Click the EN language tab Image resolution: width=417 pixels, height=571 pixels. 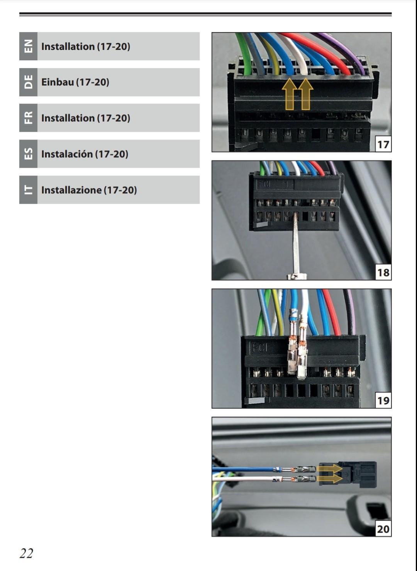[28, 46]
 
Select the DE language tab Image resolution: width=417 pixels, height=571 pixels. [28, 82]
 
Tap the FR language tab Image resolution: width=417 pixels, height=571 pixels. [28, 118]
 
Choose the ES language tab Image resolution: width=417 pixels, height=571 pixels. [28, 154]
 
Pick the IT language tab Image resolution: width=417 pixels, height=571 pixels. [28, 190]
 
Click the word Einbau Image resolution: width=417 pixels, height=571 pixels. [57, 82]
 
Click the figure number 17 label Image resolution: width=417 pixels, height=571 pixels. [383, 144]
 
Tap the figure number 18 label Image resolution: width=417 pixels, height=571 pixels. [383, 273]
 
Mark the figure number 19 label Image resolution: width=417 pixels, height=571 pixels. [383, 401]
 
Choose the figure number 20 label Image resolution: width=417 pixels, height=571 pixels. [383, 529]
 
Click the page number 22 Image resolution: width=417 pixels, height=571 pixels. [27, 553]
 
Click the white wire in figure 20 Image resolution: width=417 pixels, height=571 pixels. [247, 478]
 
